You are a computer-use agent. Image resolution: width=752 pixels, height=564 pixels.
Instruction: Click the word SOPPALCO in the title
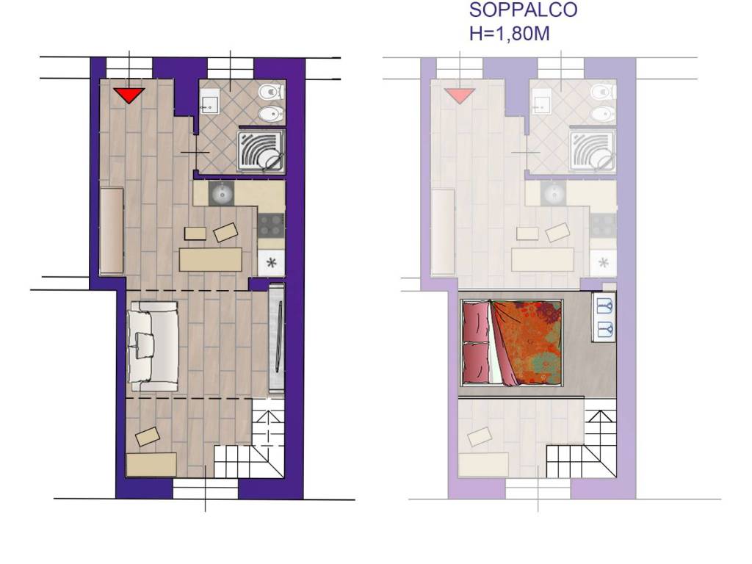tap(523, 10)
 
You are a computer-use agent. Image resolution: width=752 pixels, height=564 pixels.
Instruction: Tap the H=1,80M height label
tap(510, 34)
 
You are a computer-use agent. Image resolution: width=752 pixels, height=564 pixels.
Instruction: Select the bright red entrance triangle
tap(129, 95)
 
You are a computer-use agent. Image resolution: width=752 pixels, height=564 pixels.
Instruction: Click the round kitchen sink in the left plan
tap(221, 194)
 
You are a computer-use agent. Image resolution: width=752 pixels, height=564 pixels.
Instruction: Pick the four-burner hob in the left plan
tap(271, 225)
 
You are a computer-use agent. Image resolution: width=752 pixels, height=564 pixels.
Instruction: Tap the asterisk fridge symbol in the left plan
tap(272, 263)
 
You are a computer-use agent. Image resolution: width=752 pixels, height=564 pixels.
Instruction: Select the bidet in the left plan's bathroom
tap(271, 114)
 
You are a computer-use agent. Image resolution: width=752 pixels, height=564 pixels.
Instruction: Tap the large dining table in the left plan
tap(210, 259)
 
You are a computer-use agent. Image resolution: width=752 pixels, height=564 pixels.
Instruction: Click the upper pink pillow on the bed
tap(476, 321)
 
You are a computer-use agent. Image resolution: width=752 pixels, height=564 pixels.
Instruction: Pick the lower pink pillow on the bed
tap(476, 363)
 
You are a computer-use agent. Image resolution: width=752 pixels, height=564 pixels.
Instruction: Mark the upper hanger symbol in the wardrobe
tap(604, 306)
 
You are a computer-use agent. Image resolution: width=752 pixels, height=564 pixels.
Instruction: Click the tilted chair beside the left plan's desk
tap(147, 436)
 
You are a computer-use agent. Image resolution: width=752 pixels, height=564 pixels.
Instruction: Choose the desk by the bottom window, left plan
tap(151, 464)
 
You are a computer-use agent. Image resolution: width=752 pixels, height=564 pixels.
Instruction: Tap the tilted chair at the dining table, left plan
tap(225, 233)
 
